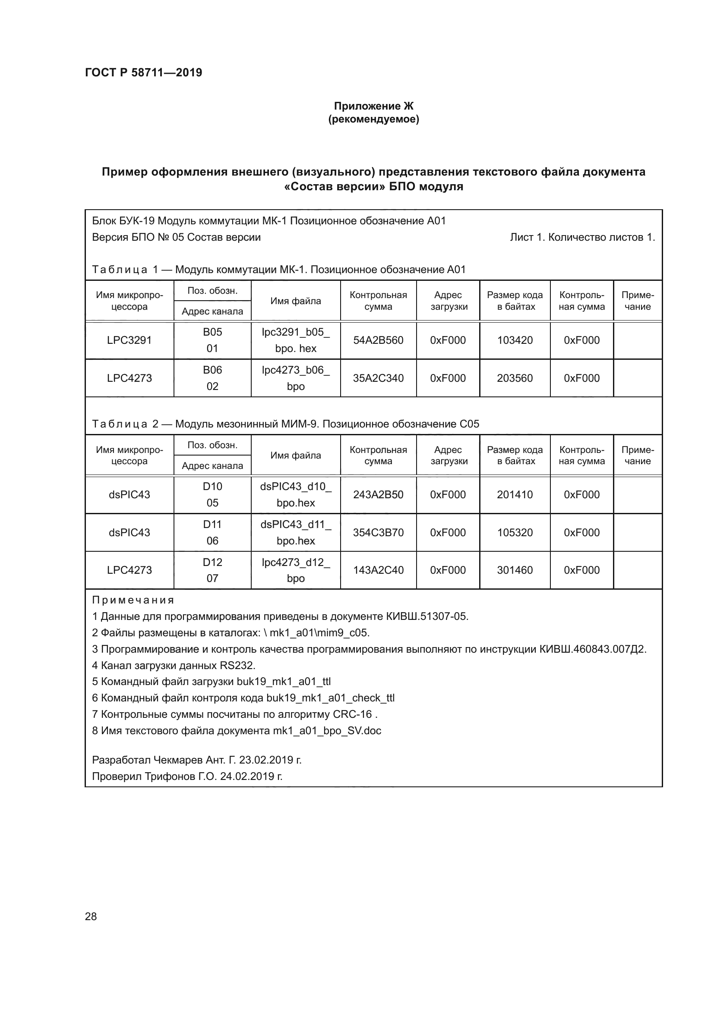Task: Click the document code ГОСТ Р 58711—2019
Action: tap(143, 72)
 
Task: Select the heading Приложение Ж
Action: tap(373, 106)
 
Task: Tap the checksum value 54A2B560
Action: tap(378, 340)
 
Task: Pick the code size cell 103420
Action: tap(515, 340)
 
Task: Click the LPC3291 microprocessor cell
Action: tap(129, 340)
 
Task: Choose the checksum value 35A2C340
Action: tap(378, 378)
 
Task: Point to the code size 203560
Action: tap(515, 378)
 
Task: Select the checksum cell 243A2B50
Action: tap(378, 494)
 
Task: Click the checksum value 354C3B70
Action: tap(378, 532)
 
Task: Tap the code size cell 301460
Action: tap(515, 570)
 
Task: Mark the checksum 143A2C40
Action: tap(378, 570)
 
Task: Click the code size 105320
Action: tap(515, 532)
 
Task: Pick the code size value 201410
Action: tap(515, 494)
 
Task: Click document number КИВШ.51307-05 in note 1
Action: tap(427, 616)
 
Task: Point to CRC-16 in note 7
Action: tap(352, 714)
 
